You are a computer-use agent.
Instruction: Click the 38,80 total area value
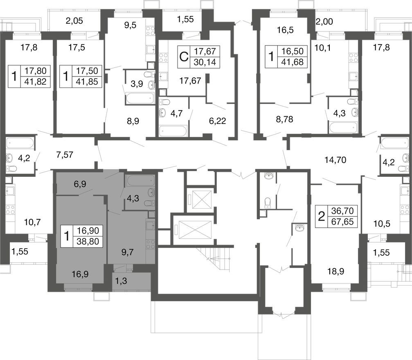pyautogui.click(x=88, y=241)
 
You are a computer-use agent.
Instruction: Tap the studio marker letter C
pyautogui.click(x=184, y=56)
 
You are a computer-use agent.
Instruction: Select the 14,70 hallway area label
pyautogui.click(x=335, y=160)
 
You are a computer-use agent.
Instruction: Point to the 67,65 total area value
pyautogui.click(x=342, y=222)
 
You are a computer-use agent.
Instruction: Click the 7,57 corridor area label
pyautogui.click(x=65, y=155)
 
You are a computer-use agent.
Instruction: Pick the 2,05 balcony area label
pyautogui.click(x=74, y=20)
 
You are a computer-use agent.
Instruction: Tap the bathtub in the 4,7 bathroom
pyautogui.click(x=173, y=131)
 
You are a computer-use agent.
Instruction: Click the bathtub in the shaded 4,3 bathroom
pyautogui.click(x=140, y=181)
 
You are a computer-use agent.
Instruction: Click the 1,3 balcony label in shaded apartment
pyautogui.click(x=121, y=281)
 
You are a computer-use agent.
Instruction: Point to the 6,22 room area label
pyautogui.click(x=217, y=121)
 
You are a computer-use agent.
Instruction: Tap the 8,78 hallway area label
pyautogui.click(x=285, y=119)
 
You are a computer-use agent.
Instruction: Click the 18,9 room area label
pyautogui.click(x=336, y=272)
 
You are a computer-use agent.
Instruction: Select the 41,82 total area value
pyautogui.click(x=35, y=82)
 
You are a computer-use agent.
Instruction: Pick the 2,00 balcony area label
pyautogui.click(x=324, y=22)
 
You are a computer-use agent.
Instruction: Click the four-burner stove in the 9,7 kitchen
pyautogui.click(x=151, y=244)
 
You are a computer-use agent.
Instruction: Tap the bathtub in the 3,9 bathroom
pyautogui.click(x=139, y=98)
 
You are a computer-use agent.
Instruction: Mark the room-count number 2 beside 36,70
pyautogui.click(x=321, y=217)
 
